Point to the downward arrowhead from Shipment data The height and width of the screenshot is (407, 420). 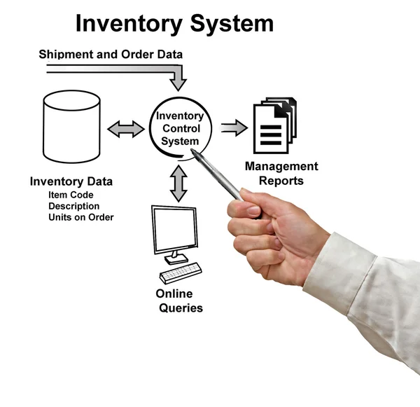tap(178, 83)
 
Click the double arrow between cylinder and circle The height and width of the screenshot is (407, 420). tap(126, 129)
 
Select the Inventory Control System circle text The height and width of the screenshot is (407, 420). tap(180, 128)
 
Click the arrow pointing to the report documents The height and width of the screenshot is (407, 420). tap(234, 127)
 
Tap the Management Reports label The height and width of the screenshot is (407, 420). tap(281, 173)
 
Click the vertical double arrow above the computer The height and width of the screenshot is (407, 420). tap(179, 184)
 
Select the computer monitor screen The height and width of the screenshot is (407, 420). tap(175, 229)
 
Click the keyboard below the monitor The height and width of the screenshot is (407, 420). tap(180, 272)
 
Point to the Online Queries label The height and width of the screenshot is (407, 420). tap(178, 301)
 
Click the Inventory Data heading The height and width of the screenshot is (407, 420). tap(71, 182)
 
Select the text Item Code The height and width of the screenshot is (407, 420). tap(71, 195)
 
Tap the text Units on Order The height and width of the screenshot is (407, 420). tap(81, 217)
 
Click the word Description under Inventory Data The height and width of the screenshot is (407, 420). tap(74, 206)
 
